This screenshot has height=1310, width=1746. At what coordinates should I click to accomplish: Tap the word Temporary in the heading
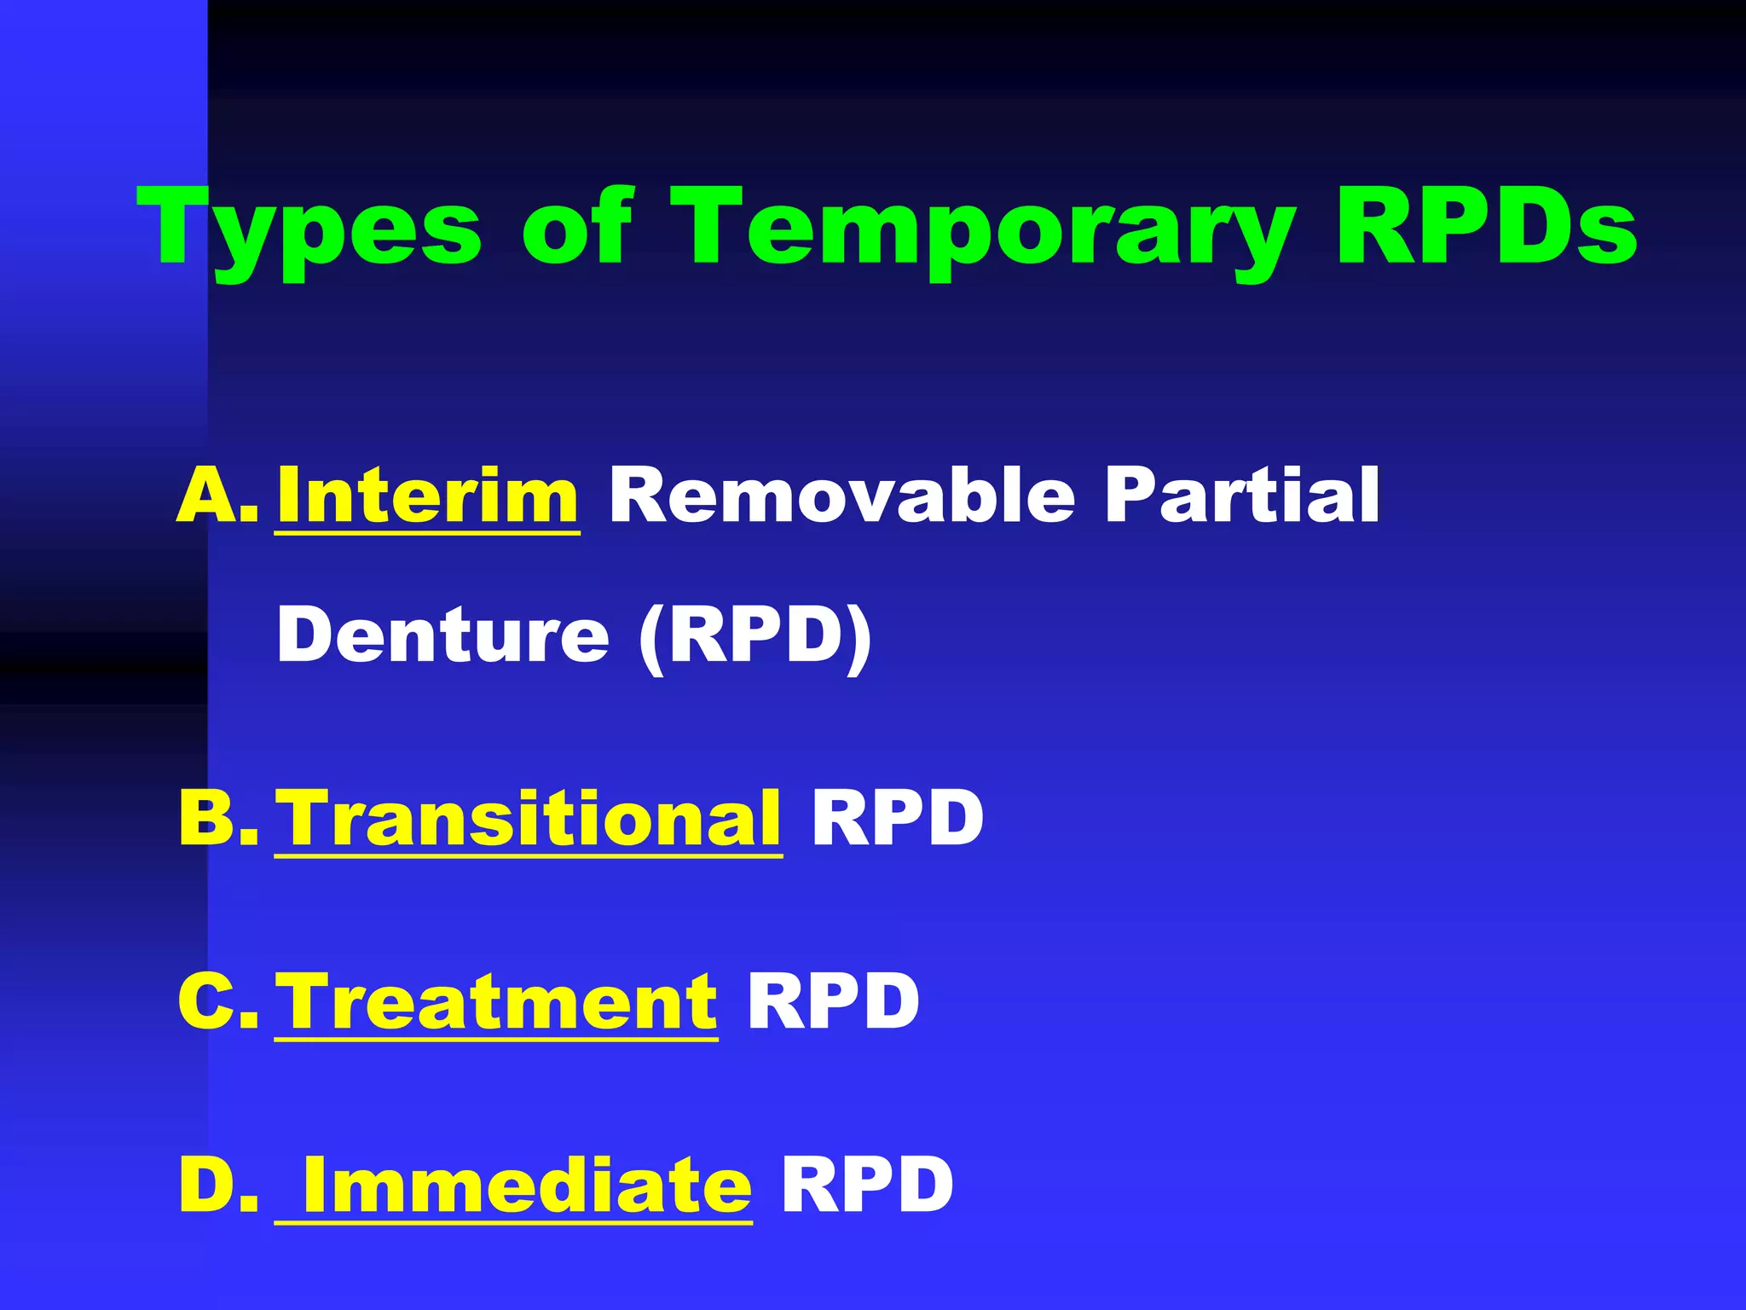(984, 229)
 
